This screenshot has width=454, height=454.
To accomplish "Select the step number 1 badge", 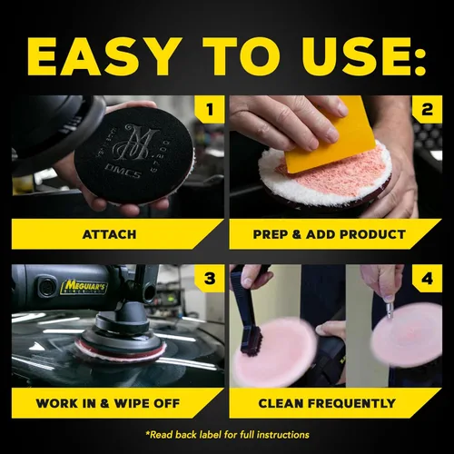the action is pyautogui.click(x=210, y=109).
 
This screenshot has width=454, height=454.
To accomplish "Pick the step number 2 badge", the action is pyautogui.click(x=427, y=109).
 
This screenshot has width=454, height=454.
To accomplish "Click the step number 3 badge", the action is pyautogui.click(x=210, y=279).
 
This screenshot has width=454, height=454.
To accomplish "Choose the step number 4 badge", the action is pyautogui.click(x=427, y=279).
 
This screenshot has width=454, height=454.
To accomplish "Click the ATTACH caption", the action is pyautogui.click(x=109, y=234).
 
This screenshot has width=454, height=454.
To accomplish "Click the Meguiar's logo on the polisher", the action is pyautogui.click(x=84, y=287).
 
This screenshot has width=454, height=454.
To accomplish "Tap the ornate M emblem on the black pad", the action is pyautogui.click(x=137, y=143).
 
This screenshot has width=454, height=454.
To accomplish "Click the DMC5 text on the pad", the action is pyautogui.click(x=123, y=172).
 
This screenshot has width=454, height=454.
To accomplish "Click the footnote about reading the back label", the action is pyautogui.click(x=227, y=435).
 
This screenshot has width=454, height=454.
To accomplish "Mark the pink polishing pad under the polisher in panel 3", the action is pyautogui.click(x=121, y=351).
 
